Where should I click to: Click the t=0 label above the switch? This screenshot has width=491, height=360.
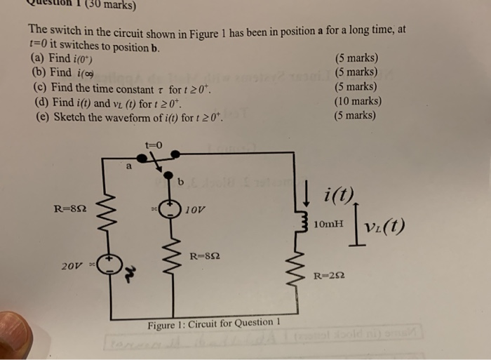tap(154, 145)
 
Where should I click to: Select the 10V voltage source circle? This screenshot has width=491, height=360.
tap(169, 209)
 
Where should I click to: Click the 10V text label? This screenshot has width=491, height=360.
tap(196, 209)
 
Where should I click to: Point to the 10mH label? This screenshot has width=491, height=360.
tap(329, 224)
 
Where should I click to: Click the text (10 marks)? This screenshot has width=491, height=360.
tap(358, 102)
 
